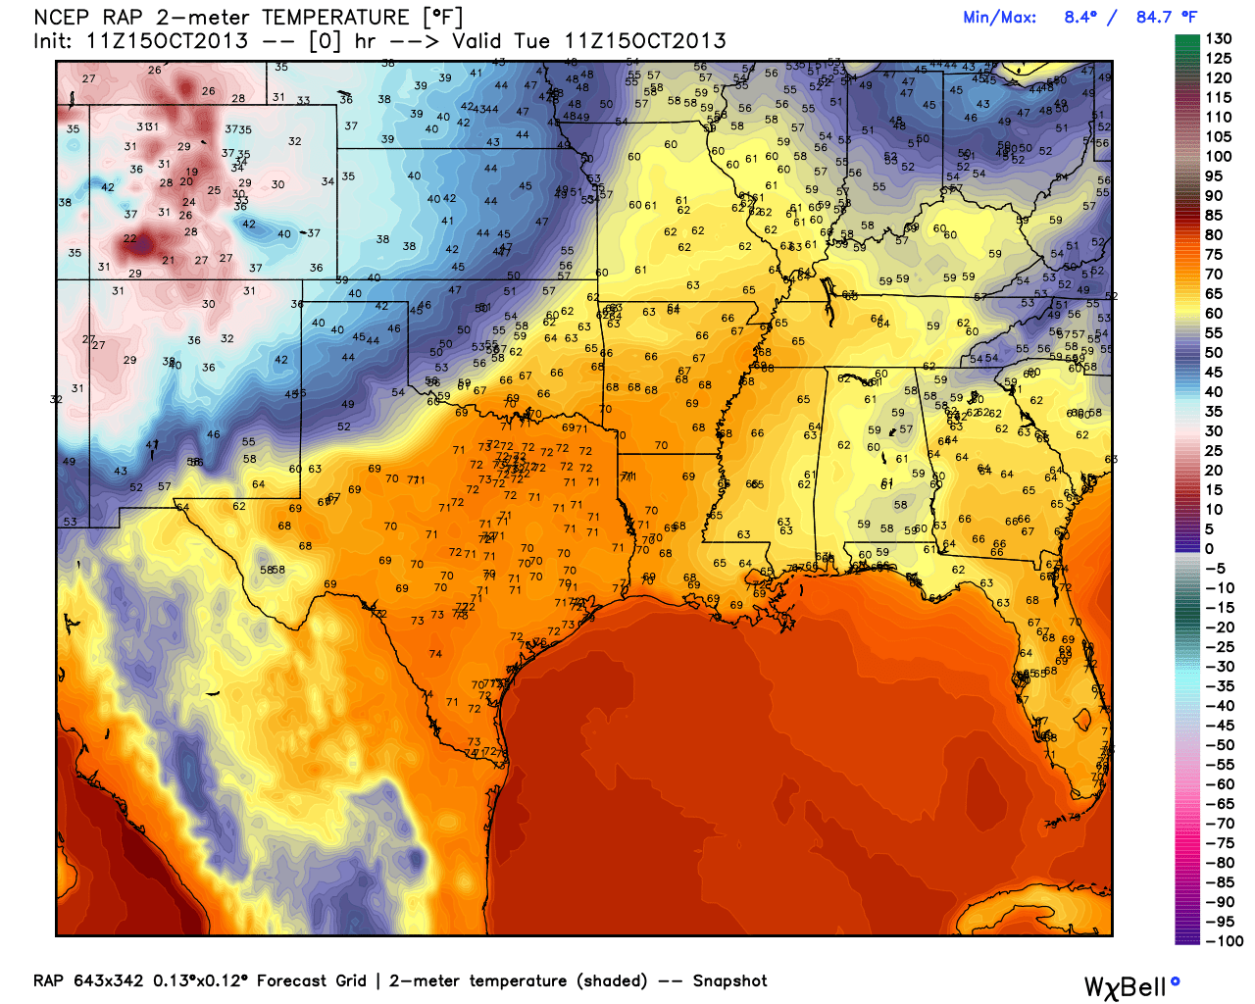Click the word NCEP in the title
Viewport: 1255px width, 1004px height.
pyautogui.click(x=62, y=18)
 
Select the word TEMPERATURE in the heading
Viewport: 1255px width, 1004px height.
pyautogui.click(x=335, y=18)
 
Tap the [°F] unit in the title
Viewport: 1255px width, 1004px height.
pyautogui.click(x=441, y=18)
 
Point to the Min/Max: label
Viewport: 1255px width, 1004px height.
pyautogui.click(x=999, y=18)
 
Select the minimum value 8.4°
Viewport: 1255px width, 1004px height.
pyautogui.click(x=1080, y=18)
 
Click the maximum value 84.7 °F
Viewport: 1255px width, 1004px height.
pyautogui.click(x=1166, y=18)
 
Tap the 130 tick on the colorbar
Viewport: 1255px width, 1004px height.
pyautogui.click(x=1218, y=39)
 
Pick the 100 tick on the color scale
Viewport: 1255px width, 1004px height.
pyautogui.click(x=1218, y=157)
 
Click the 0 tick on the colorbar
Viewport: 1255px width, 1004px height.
pyautogui.click(x=1209, y=549)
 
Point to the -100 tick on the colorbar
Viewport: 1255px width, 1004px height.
pyautogui.click(x=1224, y=941)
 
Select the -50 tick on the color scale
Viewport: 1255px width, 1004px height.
pyautogui.click(x=1220, y=745)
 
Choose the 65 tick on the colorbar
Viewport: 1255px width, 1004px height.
pyautogui.click(x=1214, y=294)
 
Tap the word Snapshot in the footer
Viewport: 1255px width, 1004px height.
pyautogui.click(x=729, y=980)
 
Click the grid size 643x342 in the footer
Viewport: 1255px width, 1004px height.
pyautogui.click(x=108, y=980)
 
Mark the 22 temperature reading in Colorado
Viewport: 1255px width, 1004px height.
pyautogui.click(x=130, y=239)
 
